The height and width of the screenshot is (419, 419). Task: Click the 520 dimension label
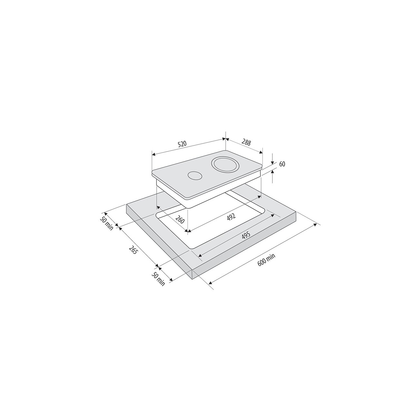coord(182,144)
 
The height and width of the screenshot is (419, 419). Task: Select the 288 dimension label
coord(246,143)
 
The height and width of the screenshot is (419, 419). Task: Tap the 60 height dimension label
coord(282,164)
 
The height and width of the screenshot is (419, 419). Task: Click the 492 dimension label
coord(231,216)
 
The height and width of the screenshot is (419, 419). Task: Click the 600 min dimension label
coord(266,260)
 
